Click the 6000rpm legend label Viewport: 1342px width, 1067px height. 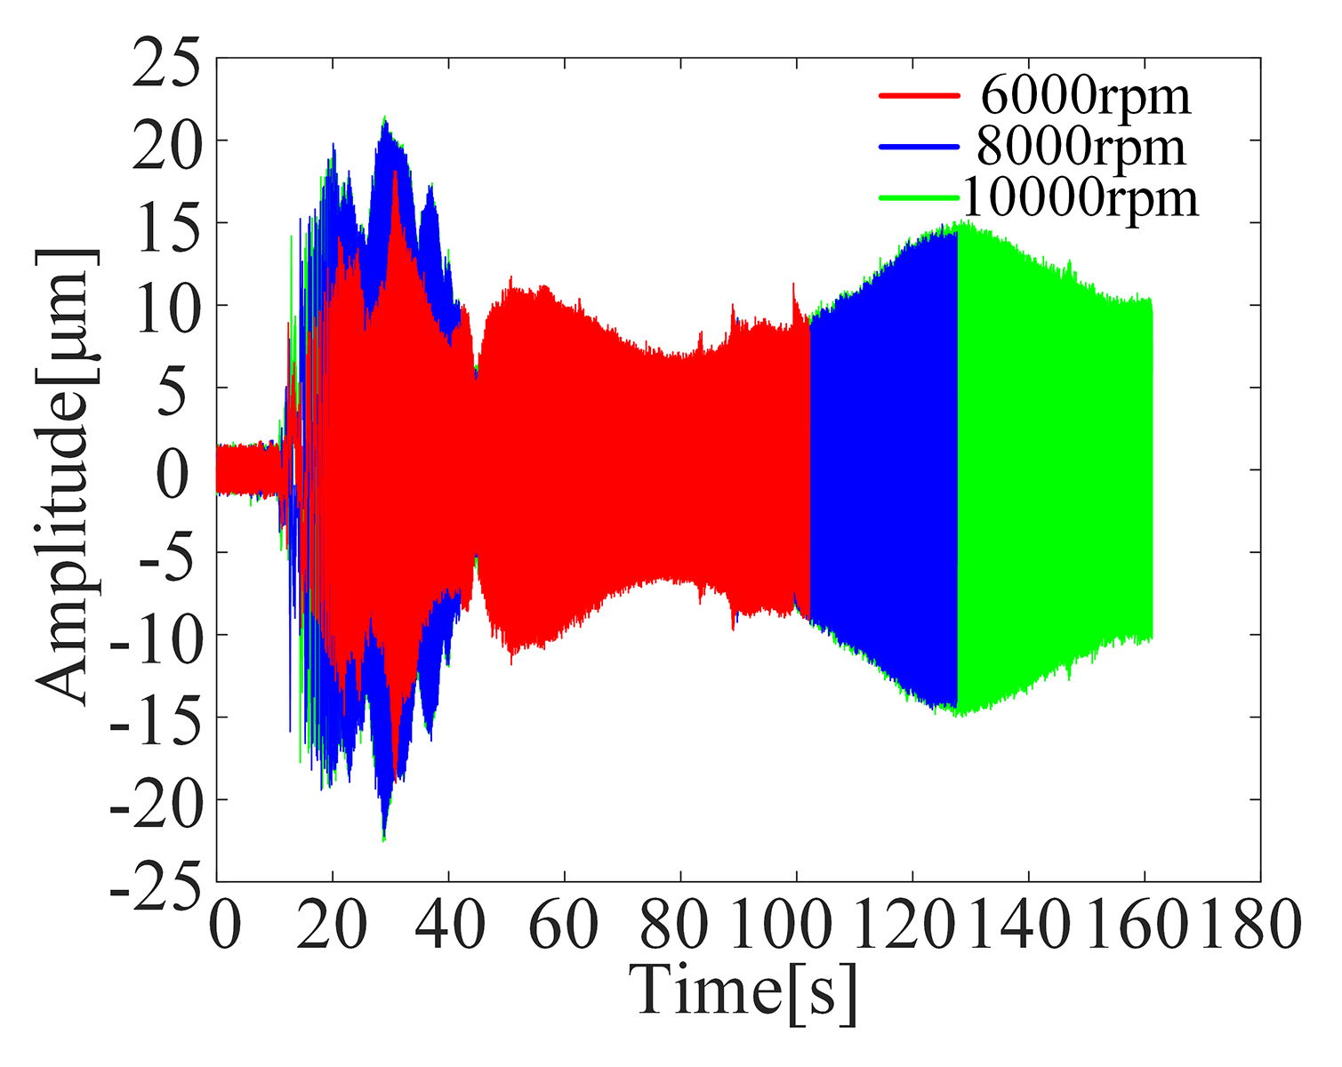pos(1085,96)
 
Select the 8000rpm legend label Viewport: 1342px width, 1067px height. pos(1081,147)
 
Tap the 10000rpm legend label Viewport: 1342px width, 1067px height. pos(1081,197)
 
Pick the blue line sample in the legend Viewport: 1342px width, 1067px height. pos(919,146)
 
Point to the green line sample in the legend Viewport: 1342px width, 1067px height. pos(919,197)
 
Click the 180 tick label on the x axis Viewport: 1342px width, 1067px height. pos(1250,925)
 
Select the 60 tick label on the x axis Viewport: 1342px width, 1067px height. pos(565,925)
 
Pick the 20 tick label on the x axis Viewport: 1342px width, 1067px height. pos(333,925)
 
